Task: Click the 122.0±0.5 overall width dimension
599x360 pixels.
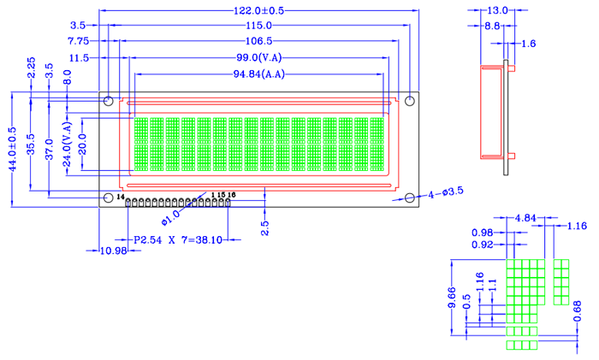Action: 258,10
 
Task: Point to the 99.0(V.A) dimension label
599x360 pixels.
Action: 260,57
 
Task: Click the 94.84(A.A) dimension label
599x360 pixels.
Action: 258,74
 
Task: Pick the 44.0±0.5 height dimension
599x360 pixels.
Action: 11,150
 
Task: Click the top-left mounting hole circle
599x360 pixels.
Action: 109,102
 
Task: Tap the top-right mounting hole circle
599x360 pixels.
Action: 409,102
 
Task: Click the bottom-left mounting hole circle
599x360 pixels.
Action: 109,198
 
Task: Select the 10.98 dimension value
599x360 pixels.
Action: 113,251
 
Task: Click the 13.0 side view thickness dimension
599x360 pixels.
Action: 497,10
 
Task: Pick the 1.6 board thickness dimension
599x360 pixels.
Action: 527,43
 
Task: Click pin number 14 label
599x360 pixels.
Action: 120,198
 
